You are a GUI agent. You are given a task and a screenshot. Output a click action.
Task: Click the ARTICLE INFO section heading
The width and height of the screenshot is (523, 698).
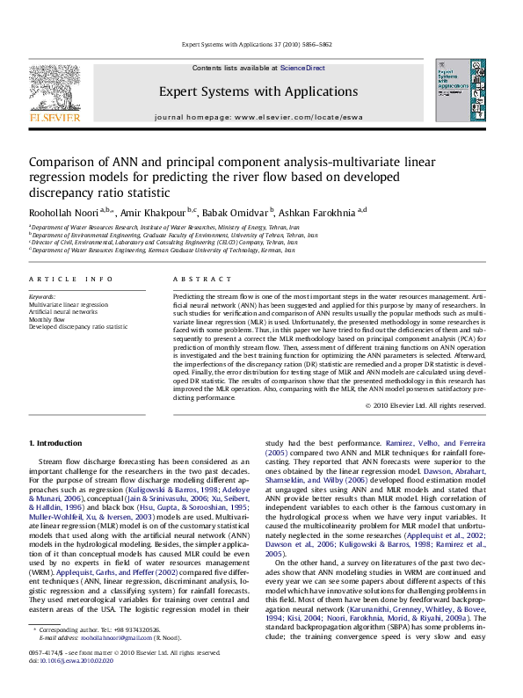pos(61,278)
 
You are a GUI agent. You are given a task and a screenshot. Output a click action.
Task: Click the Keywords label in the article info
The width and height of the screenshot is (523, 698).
pos(41,298)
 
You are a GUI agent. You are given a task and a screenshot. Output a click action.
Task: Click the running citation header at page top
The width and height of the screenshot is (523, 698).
pos(261,43)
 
